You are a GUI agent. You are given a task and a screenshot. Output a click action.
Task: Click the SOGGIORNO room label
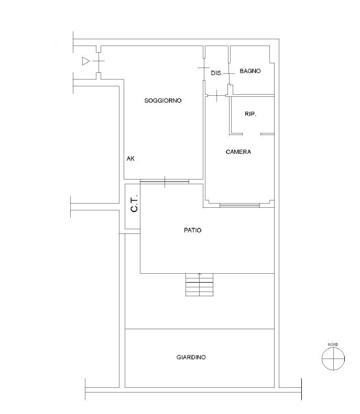click(163, 100)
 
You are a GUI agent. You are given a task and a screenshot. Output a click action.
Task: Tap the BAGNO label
click(250, 71)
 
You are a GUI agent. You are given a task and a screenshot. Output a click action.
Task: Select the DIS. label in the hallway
click(216, 73)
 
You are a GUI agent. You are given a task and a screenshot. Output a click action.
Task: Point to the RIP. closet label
click(250, 114)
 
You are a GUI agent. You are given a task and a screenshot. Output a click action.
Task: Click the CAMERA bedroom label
click(238, 152)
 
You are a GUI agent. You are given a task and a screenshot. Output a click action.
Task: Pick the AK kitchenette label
click(130, 159)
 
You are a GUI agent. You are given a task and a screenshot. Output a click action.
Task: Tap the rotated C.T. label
click(135, 203)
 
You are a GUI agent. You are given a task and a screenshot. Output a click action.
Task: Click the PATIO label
click(193, 230)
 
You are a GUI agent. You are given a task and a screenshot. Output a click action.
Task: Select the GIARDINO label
click(191, 357)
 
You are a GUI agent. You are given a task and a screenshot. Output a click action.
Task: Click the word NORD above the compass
click(333, 344)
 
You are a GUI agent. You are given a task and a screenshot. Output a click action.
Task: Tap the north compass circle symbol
click(333, 359)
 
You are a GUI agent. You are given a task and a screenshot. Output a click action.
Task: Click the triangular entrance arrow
click(86, 61)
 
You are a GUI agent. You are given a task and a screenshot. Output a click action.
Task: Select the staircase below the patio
click(199, 285)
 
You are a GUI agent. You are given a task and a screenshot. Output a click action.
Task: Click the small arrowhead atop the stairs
click(200, 275)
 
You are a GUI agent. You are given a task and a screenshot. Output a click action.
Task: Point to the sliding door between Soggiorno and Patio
click(165, 182)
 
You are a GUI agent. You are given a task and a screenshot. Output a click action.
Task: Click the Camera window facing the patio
click(239, 205)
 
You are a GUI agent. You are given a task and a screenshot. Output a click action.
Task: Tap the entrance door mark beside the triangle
click(99, 61)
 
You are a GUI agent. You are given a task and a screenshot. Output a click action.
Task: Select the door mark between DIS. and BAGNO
click(229, 73)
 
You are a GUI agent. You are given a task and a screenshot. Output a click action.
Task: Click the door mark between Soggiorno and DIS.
click(204, 68)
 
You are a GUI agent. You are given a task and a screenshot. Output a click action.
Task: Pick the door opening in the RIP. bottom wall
click(252, 134)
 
